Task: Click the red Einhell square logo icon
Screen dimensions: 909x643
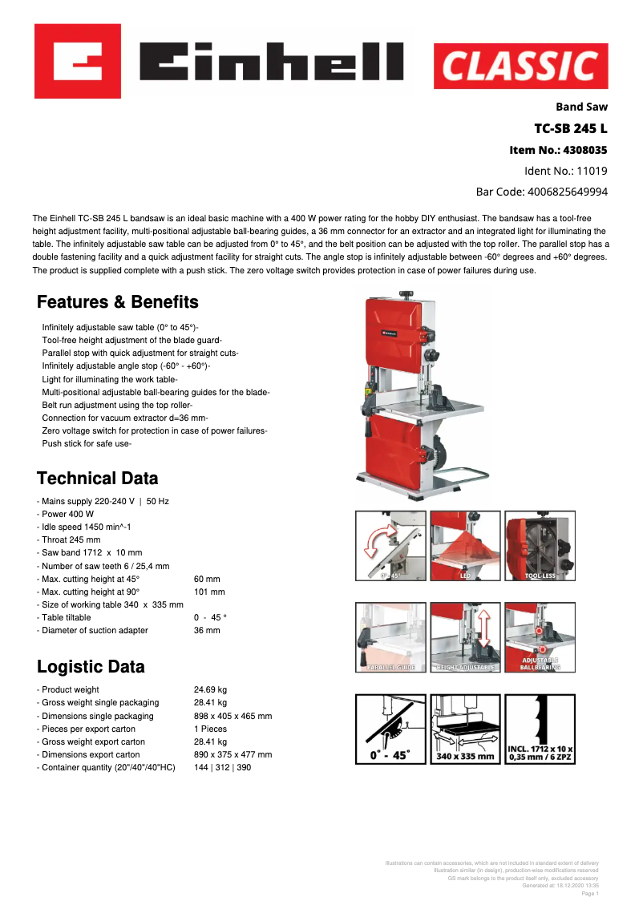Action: tap(78, 61)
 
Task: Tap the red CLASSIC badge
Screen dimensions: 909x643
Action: tap(520, 66)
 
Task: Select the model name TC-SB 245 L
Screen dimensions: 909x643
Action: tap(571, 128)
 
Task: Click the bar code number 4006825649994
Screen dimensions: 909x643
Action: tap(542, 192)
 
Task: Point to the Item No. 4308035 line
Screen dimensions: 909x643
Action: tap(558, 150)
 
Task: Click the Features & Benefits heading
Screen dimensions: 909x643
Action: tap(118, 302)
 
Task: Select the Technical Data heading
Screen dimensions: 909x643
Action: tap(98, 479)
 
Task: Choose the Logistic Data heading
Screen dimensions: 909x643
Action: tap(91, 667)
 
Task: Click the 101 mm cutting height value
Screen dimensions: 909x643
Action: tap(209, 592)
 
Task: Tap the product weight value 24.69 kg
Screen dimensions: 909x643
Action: tap(210, 689)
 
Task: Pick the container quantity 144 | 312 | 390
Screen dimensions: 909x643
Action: tap(222, 767)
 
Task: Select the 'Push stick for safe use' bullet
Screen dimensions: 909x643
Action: tap(86, 443)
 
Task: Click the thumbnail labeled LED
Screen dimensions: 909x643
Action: tap(466, 545)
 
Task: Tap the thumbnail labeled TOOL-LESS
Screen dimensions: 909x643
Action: tap(540, 545)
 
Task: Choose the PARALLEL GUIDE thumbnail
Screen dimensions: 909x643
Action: tap(390, 636)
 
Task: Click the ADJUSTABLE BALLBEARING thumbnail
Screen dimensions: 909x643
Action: tap(540, 636)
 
